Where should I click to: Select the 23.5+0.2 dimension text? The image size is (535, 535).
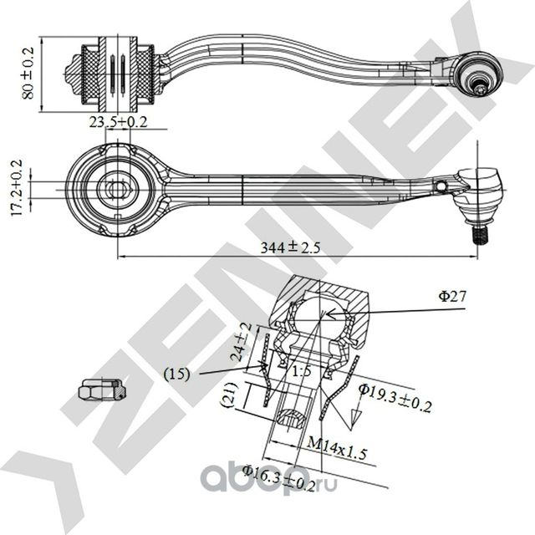click(x=117, y=122)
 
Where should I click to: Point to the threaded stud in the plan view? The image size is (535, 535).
click(x=481, y=234)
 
